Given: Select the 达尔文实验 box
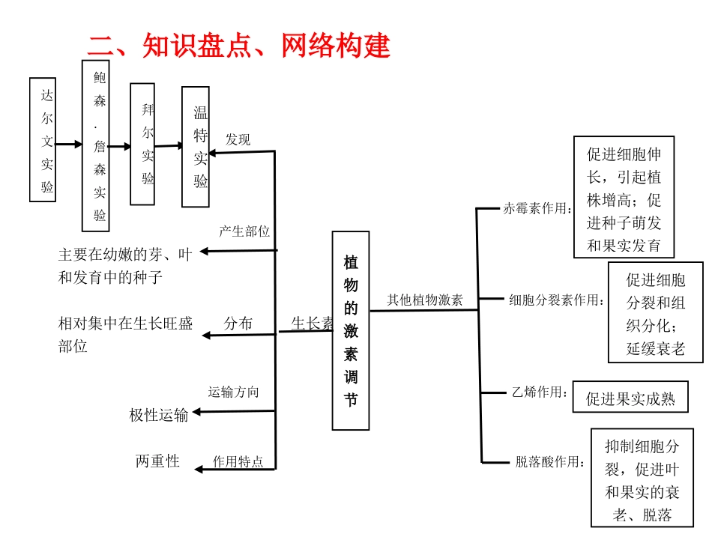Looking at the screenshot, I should (x=43, y=139).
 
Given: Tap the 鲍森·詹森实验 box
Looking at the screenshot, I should (x=95, y=145).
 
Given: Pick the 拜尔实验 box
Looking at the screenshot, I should (x=142, y=144).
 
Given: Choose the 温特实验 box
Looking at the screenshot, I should (x=196, y=146).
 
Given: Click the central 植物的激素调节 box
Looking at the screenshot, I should (x=351, y=330).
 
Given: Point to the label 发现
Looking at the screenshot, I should (x=238, y=139).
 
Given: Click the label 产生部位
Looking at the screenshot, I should (x=244, y=231).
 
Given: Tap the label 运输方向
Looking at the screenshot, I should (x=233, y=392).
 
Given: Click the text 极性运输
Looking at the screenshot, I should (x=159, y=415).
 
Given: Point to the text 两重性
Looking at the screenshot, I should (x=157, y=461).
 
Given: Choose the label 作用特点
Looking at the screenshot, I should (x=238, y=461).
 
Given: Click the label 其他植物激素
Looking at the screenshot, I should (x=425, y=300).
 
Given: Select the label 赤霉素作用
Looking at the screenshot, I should (x=537, y=209).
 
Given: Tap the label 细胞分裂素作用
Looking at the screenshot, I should (x=557, y=301).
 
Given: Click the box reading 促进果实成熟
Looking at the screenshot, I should (x=630, y=399).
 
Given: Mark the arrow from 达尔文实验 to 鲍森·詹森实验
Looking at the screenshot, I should (x=69, y=144).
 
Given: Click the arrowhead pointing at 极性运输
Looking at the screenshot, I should (x=198, y=412).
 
